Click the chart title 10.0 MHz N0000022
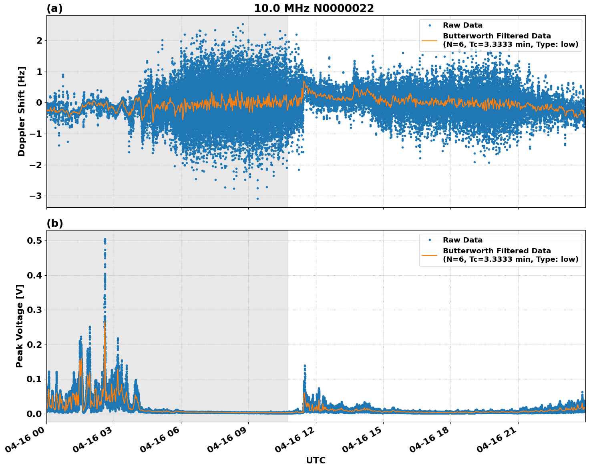[314, 8]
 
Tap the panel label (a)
[54, 8]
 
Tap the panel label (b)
[54, 223]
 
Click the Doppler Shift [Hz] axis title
[22, 111]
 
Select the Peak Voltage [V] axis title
[20, 326]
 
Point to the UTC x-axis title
[316, 460]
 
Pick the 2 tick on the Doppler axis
[39, 40]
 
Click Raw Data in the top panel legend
[462, 25]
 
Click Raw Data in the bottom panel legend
[462, 240]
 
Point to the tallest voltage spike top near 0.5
[105, 239]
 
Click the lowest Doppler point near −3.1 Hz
[257, 198]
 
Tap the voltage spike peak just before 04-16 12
[305, 365]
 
